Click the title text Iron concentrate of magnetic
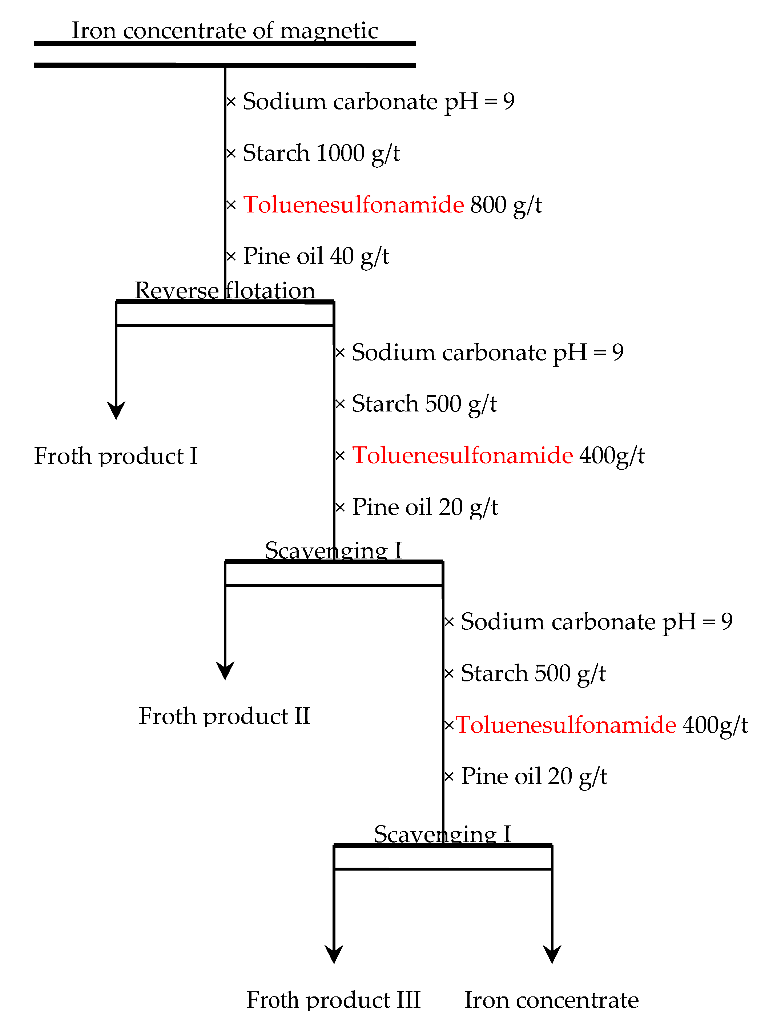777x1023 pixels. pyautogui.click(x=225, y=31)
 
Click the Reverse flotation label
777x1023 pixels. pyautogui.click(x=225, y=291)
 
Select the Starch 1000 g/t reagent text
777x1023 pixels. pyautogui.click(x=321, y=153)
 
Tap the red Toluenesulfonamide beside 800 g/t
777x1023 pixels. pyautogui.click(x=353, y=204)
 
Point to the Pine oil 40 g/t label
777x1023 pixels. pyautogui.click(x=316, y=256)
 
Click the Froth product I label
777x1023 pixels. pyautogui.click(x=116, y=456)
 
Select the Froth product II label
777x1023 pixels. pyautogui.click(x=224, y=716)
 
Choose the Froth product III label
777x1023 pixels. pyautogui.click(x=334, y=1000)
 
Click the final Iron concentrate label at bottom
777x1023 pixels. pyautogui.click(x=551, y=1000)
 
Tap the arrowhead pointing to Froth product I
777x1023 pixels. pyautogui.click(x=116, y=411)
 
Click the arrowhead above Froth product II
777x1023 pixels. pyautogui.click(x=225, y=671)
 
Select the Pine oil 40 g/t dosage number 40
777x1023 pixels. pyautogui.click(x=342, y=256)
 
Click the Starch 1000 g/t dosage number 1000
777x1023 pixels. pyautogui.click(x=341, y=153)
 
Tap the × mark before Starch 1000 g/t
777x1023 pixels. pyautogui.click(x=231, y=153)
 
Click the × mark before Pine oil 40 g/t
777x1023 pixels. pyautogui.click(x=231, y=256)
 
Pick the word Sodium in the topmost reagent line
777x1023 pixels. pyautogui.click(x=285, y=101)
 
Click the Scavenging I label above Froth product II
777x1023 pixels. pyautogui.click(x=334, y=551)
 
